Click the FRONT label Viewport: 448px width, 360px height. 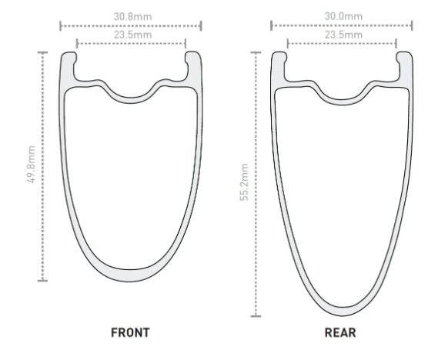130,332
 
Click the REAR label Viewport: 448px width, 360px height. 340,332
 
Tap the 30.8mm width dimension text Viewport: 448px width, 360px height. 132,17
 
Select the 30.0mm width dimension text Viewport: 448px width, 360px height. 343,16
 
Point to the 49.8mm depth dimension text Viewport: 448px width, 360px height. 31,164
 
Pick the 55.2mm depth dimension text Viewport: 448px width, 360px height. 244,182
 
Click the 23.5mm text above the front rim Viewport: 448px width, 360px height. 133,35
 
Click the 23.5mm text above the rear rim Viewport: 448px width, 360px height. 343,35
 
